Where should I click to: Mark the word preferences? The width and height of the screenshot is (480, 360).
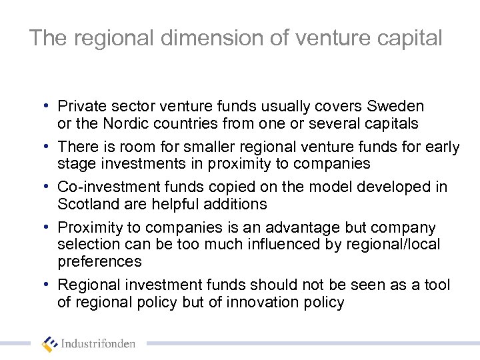99,261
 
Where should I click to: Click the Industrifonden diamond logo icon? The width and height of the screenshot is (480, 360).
49,343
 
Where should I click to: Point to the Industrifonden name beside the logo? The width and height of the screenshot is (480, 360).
98,345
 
